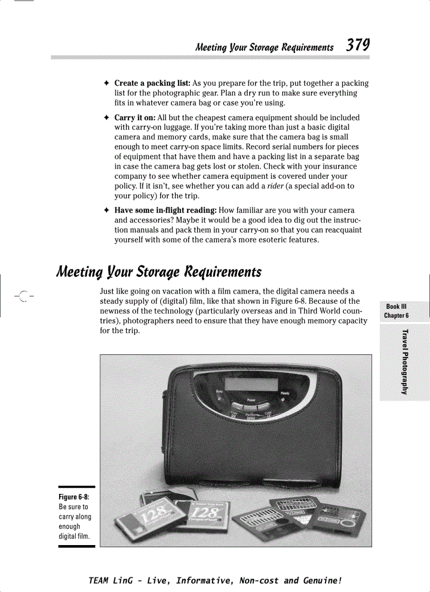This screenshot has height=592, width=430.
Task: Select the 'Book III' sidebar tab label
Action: [396, 307]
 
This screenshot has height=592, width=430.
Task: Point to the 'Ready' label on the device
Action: [284, 394]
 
